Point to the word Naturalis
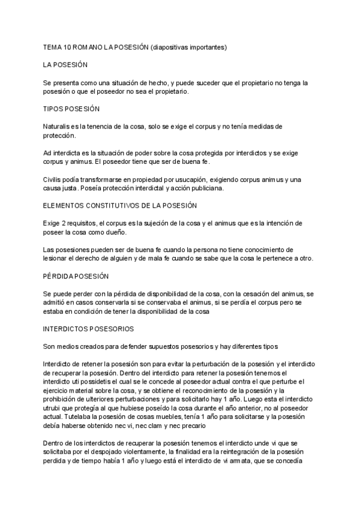[x=58, y=127]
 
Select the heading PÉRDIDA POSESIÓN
[x=76, y=276]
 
